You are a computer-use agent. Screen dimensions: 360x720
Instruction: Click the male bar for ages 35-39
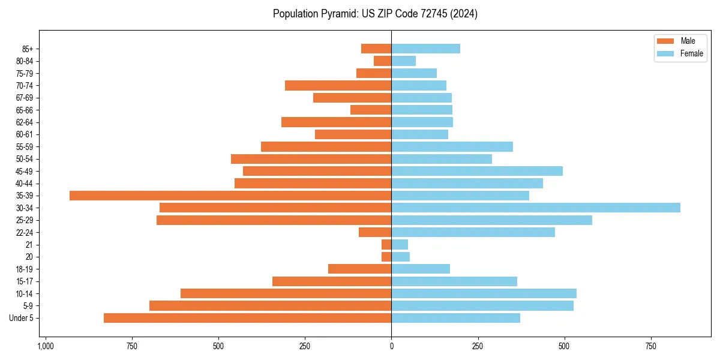tap(230, 196)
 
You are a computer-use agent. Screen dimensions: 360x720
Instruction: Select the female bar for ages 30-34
tap(536, 208)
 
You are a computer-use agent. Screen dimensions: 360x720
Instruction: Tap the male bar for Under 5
tap(247, 318)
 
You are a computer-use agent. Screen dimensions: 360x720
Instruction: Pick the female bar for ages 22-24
tap(473, 232)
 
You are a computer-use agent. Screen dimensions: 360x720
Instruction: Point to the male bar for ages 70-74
tap(338, 85)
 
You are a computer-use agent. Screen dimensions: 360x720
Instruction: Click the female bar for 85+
tap(425, 49)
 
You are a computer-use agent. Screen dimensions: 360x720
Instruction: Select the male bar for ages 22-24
tap(375, 232)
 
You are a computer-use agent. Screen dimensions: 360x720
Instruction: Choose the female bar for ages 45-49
tap(477, 171)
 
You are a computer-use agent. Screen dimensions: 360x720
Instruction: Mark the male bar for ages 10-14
tap(286, 293)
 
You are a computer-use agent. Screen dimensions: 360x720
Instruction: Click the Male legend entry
tap(688, 41)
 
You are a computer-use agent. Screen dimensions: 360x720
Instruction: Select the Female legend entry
tap(691, 53)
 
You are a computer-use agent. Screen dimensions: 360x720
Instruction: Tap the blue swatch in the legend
tap(665, 53)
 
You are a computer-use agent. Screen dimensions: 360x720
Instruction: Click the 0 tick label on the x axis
tap(391, 346)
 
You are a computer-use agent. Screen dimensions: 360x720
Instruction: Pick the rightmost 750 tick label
tap(650, 346)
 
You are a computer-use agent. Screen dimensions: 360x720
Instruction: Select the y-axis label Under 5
tap(22, 318)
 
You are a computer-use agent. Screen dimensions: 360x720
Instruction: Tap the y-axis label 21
tap(29, 245)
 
